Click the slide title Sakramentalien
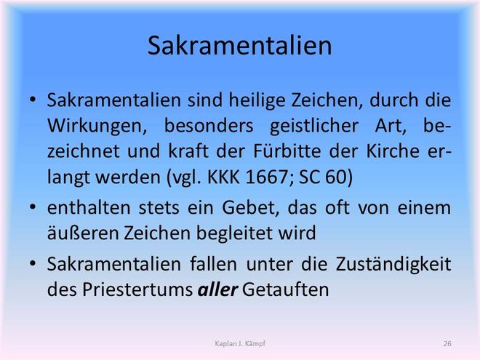(x=240, y=46)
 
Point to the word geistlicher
(x=314, y=127)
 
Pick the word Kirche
(x=393, y=151)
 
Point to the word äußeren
(x=82, y=233)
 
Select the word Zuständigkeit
(x=393, y=265)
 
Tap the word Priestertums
(x=137, y=289)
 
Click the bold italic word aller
(x=217, y=289)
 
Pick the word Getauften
(x=286, y=289)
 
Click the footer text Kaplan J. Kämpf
(x=240, y=344)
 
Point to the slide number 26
(x=447, y=344)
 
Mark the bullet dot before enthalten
(x=33, y=207)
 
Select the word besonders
(x=209, y=127)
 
